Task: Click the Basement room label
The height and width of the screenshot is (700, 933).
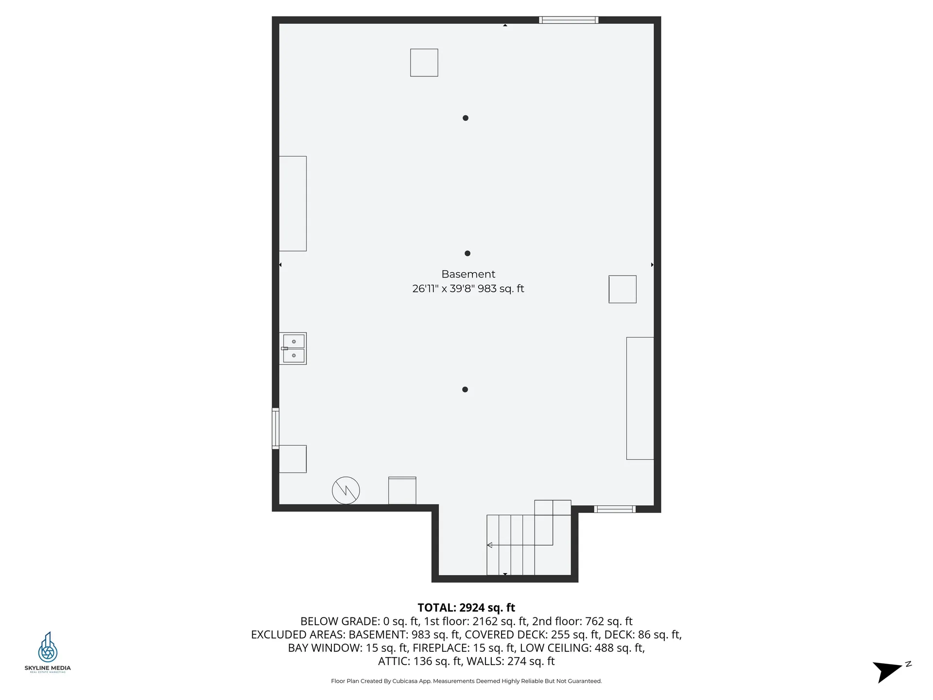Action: (x=468, y=274)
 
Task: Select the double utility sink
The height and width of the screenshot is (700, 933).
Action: (x=293, y=349)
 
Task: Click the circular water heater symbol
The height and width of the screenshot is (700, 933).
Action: (x=346, y=490)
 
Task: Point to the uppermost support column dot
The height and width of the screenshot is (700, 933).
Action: (x=466, y=118)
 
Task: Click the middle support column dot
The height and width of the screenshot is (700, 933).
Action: (x=467, y=253)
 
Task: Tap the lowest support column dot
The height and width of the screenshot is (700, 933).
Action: (x=465, y=389)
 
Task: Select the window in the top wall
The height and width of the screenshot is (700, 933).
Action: (x=569, y=20)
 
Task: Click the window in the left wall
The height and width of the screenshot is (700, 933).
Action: (x=276, y=428)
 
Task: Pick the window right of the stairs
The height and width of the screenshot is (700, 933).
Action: (x=615, y=509)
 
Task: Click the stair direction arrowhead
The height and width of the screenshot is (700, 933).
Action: (x=490, y=545)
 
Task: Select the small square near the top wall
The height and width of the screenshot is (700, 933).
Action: (x=424, y=63)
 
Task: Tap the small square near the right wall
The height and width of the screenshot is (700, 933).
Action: (x=622, y=289)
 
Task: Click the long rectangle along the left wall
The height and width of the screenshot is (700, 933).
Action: (x=293, y=204)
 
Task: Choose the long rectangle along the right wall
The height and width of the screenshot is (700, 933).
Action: (x=640, y=398)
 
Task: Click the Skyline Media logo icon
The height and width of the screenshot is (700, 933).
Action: (x=48, y=647)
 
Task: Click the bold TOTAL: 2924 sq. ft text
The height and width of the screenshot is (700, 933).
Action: (x=466, y=608)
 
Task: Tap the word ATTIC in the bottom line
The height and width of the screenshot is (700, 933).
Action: (x=394, y=661)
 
